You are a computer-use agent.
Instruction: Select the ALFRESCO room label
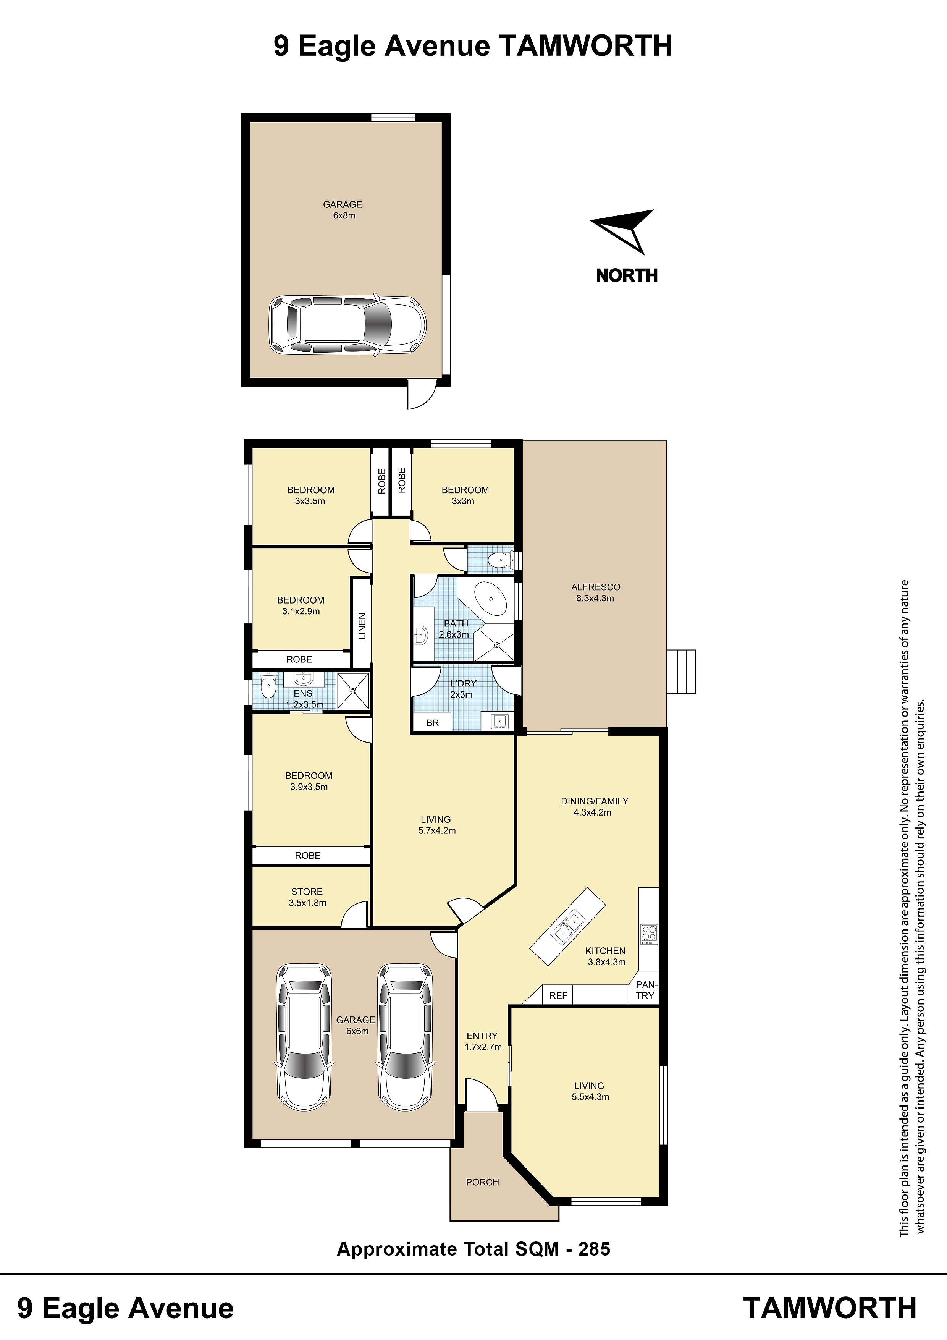click(x=595, y=587)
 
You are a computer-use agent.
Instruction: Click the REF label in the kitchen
click(x=558, y=996)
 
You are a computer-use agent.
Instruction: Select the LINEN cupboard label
click(x=362, y=626)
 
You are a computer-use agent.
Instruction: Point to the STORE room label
click(x=307, y=892)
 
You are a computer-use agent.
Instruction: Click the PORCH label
click(x=483, y=1182)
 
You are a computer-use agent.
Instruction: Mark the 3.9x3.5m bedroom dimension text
click(x=309, y=787)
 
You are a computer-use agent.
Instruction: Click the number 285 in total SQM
click(x=594, y=1249)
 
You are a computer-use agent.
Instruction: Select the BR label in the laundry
click(x=432, y=723)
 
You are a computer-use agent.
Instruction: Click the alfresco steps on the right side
click(x=681, y=672)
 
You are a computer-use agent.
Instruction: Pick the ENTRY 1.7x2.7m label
click(x=483, y=1041)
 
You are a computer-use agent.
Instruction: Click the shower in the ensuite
click(x=353, y=692)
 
